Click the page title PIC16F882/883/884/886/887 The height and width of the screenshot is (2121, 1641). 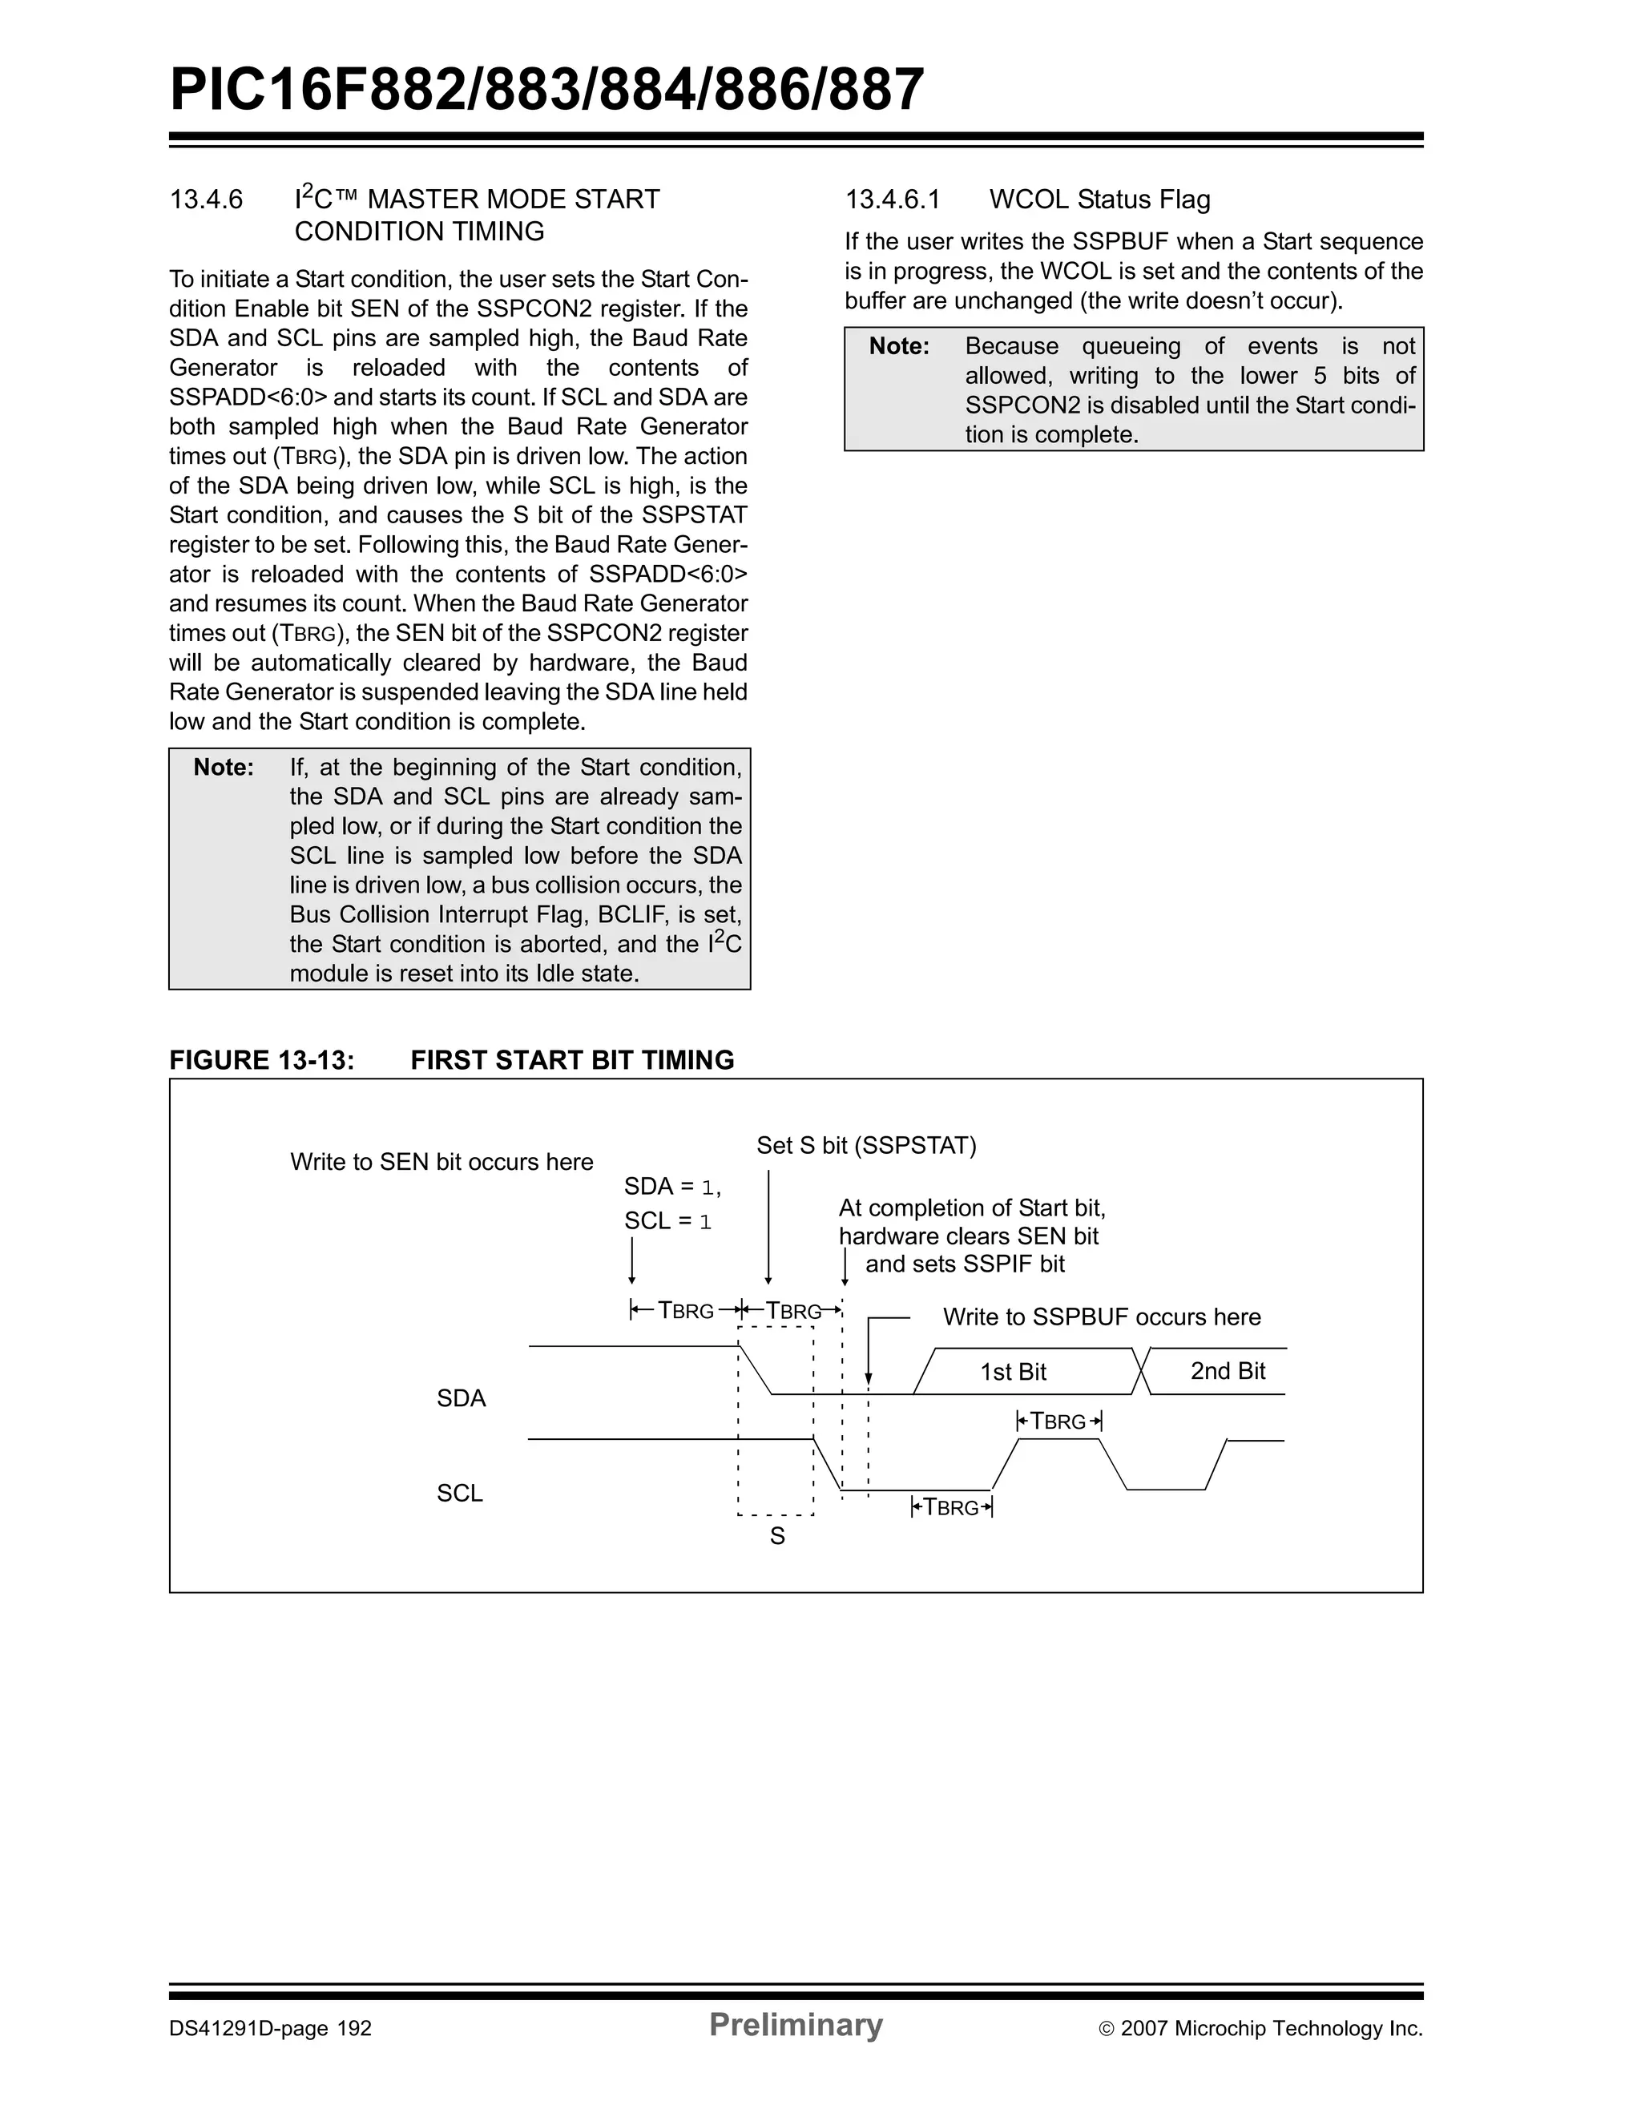[x=546, y=91]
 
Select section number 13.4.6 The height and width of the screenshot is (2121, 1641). [x=205, y=200]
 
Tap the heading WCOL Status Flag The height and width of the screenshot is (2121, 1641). [x=1099, y=200]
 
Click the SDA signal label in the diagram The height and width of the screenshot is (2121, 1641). [x=462, y=1398]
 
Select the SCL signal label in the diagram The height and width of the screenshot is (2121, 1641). [x=460, y=1493]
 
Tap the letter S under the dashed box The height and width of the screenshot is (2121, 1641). [x=776, y=1536]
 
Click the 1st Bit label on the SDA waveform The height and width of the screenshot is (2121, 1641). [x=1013, y=1373]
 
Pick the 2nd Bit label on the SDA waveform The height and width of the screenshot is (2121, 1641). [x=1228, y=1371]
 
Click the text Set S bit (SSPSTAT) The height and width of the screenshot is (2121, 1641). [x=866, y=1146]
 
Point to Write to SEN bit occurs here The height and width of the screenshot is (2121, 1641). [x=441, y=1163]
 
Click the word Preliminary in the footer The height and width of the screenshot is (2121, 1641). [x=795, y=2025]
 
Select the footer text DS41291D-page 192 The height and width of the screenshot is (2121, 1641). [x=271, y=2029]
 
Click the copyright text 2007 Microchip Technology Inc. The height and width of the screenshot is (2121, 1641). [x=1270, y=2029]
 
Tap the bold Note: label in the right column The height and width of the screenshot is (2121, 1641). [x=899, y=347]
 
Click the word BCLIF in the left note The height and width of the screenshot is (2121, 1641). [x=632, y=915]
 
